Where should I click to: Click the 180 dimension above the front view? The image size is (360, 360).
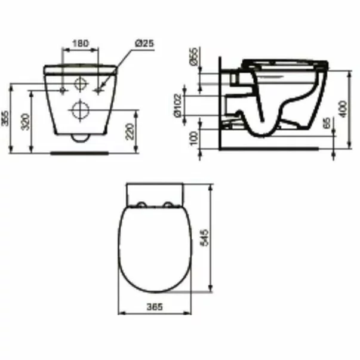(81, 43)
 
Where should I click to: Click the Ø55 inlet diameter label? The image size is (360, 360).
(193, 58)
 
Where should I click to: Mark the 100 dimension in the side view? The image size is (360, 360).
(193, 137)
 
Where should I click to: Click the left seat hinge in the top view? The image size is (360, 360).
(141, 206)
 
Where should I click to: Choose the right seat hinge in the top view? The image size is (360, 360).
(170, 206)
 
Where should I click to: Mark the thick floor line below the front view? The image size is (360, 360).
(79, 153)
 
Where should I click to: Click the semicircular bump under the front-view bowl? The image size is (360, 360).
(79, 139)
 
